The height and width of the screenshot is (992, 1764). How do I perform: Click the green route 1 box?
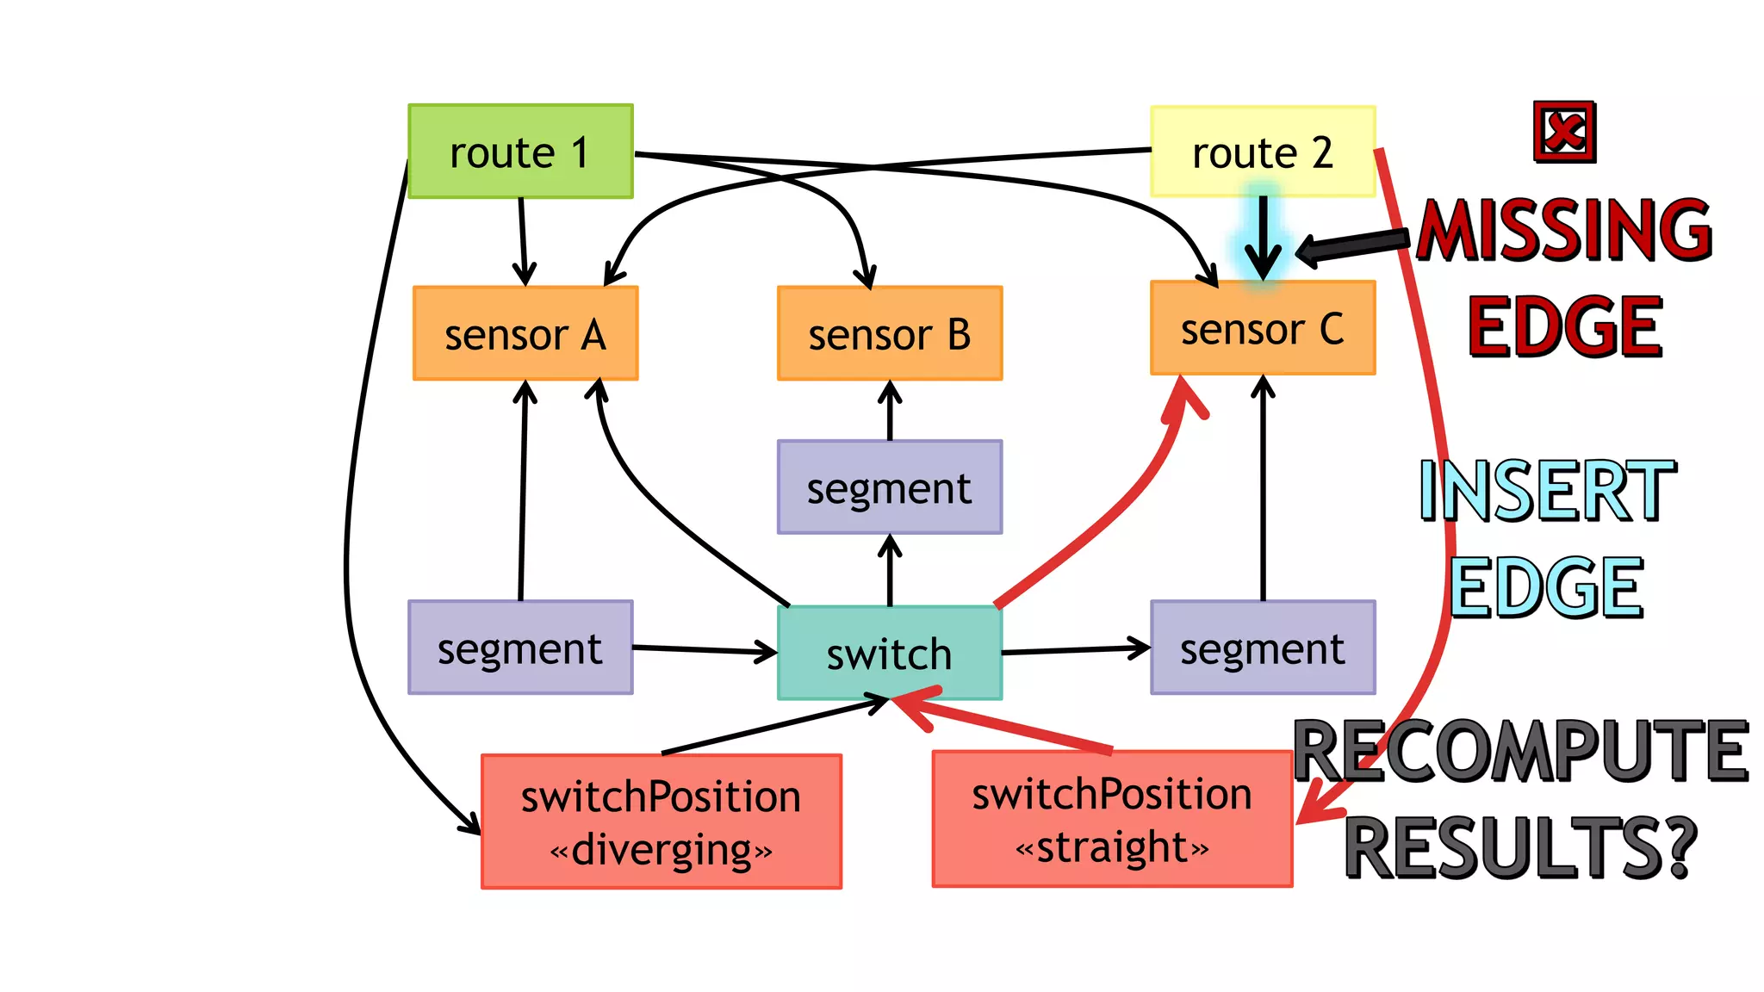point(520,152)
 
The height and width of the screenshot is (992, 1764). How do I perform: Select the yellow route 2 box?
point(1262,152)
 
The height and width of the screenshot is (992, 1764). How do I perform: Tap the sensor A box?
point(525,333)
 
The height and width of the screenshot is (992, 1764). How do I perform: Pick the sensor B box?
point(889,333)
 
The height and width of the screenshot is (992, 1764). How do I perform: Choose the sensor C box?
point(1262,328)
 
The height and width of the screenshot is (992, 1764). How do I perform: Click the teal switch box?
point(889,653)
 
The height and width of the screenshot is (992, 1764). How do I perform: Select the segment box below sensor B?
point(889,487)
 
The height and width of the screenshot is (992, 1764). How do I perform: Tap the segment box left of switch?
point(520,648)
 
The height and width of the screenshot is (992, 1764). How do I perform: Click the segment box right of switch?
point(1262,648)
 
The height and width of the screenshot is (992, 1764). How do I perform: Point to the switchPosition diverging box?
point(661,821)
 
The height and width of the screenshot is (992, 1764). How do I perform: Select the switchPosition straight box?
point(1111,818)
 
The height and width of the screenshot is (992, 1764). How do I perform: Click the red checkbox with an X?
point(1564,132)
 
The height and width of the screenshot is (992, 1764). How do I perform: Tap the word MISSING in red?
point(1564,229)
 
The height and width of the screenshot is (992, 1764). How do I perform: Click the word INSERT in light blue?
point(1547,491)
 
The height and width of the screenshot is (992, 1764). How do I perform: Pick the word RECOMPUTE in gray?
point(1521,751)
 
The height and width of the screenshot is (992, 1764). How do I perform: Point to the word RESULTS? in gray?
point(1521,847)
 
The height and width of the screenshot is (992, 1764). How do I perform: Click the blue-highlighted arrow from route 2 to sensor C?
point(1263,234)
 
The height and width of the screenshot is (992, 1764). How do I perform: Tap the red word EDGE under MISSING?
point(1564,326)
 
